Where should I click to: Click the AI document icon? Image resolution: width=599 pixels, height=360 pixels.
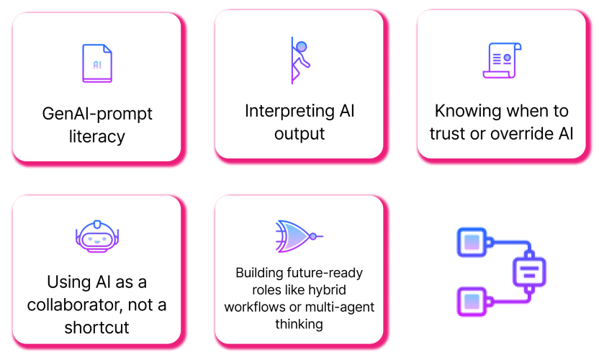coord(97,63)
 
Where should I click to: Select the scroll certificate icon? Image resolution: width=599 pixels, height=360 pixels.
coord(502,60)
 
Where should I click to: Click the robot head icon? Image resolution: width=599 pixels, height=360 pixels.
coord(97,236)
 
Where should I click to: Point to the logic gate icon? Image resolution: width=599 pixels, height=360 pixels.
coord(299,236)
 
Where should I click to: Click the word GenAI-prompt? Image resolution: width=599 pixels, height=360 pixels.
coord(97,114)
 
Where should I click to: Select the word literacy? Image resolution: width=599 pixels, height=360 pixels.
coord(97,137)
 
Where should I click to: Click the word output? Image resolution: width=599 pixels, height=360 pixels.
coord(299,134)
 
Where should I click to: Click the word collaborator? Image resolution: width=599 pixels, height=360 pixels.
coord(74,305)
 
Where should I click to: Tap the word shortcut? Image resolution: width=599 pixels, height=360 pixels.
coord(96,328)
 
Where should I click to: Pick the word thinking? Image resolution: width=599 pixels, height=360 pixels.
coord(299,325)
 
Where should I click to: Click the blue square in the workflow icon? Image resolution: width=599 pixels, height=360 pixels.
coord(472,242)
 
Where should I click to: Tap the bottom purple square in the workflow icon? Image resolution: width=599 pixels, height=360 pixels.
coord(472,302)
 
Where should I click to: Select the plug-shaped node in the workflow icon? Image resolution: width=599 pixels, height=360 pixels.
coord(529,271)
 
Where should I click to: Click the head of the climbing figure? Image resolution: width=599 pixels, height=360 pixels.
coord(302,47)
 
